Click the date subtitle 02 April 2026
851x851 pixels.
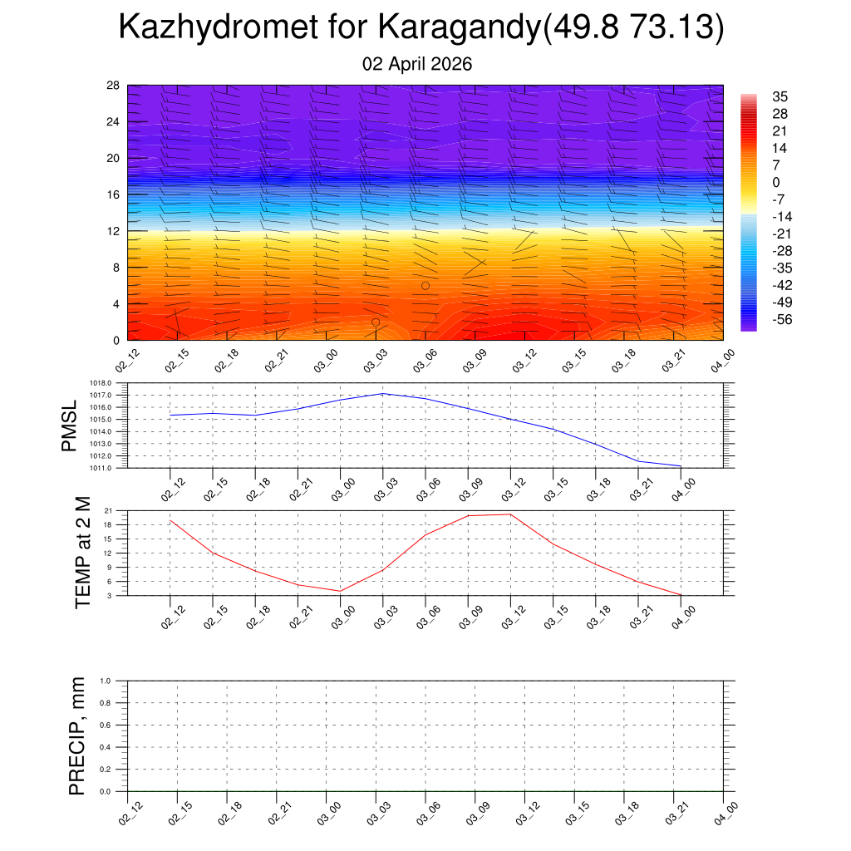417,64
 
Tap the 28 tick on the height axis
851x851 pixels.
114,86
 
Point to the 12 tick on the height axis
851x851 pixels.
114,231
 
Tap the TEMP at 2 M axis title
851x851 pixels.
83,553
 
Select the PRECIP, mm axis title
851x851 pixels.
77,736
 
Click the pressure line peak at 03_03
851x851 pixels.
383,393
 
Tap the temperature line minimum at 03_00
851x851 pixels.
340,591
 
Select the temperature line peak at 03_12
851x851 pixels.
510,514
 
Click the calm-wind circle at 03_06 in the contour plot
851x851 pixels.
425,286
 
